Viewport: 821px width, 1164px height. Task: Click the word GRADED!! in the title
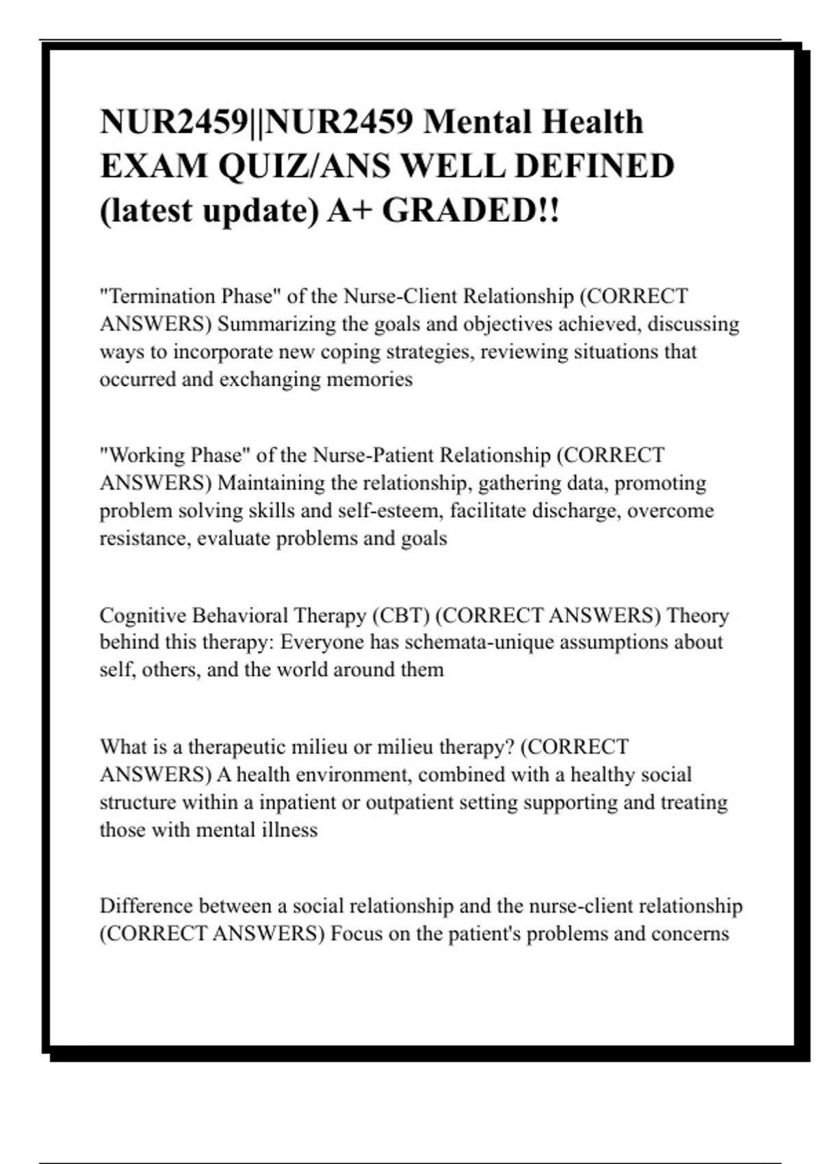pyautogui.click(x=471, y=210)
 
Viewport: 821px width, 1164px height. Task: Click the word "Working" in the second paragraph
pyautogui.click(x=146, y=455)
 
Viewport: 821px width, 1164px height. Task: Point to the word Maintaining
pyautogui.click(x=272, y=483)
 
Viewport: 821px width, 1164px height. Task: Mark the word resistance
pyautogui.click(x=145, y=538)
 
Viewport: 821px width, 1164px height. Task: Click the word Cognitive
pyautogui.click(x=143, y=615)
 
